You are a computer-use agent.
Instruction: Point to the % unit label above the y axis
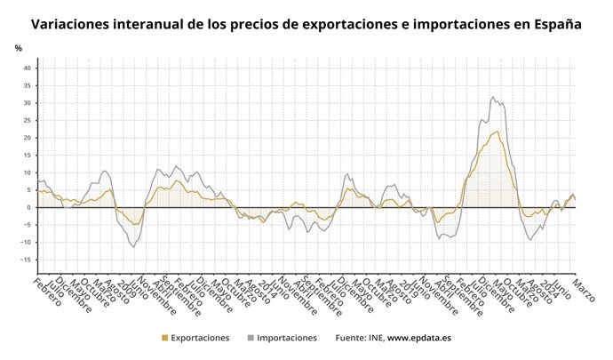click(18, 48)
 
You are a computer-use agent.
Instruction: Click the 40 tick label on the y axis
click(28, 68)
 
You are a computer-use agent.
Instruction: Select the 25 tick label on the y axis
click(28, 121)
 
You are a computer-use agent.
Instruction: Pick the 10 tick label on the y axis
click(28, 172)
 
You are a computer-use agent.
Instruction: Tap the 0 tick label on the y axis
click(29, 207)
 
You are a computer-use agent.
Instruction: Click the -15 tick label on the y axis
click(26, 260)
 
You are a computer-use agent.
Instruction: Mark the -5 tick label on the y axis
click(28, 225)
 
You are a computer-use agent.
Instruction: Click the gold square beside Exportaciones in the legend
click(163, 339)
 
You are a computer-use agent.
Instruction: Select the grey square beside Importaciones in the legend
click(251, 339)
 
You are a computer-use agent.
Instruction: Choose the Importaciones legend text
click(287, 339)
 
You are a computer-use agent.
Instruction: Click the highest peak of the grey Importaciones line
click(493, 97)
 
